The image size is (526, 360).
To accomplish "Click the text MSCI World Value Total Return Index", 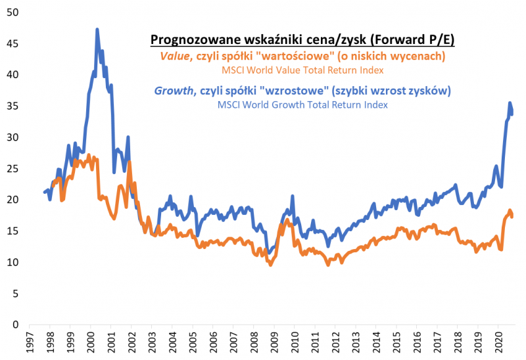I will click(302, 70).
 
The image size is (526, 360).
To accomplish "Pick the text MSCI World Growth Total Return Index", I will click(302, 104).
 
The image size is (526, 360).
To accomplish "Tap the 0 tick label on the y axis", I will click(16, 325).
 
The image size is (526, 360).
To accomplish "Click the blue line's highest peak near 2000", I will click(97, 30).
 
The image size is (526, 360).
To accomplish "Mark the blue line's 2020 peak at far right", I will click(510, 103).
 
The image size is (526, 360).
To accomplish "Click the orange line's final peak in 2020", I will click(510, 211).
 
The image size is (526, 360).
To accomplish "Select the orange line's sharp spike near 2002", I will click(130, 162).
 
